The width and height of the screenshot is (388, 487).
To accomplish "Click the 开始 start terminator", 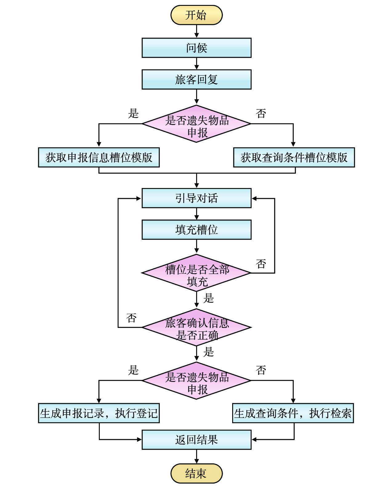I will (196, 15).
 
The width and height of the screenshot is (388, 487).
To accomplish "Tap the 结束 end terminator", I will (196, 473).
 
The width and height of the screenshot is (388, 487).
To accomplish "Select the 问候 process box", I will (196, 48).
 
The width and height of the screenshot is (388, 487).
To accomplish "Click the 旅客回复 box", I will (196, 80).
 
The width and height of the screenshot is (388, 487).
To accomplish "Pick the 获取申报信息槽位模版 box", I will (99, 158).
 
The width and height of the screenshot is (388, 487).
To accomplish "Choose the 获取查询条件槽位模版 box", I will (294, 158).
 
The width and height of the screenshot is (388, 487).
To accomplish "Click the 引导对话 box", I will (196, 198).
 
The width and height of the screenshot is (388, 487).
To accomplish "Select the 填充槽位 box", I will (196, 230).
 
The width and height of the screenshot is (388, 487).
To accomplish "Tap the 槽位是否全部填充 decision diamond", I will (196, 273).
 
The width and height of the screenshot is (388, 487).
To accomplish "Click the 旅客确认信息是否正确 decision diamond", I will (196, 327).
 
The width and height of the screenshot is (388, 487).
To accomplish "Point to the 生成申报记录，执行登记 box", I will (99, 413).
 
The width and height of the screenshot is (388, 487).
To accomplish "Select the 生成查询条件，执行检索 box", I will (293, 413).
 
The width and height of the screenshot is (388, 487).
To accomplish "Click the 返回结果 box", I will (196, 440).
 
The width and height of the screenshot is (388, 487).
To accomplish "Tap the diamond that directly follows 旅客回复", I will (196, 124).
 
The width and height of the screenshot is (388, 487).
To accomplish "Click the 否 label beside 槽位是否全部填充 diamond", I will (261, 264).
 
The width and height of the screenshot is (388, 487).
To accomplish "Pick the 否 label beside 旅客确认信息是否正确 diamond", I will (131, 318).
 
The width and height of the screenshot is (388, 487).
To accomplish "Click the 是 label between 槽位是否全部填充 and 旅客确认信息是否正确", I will (208, 298).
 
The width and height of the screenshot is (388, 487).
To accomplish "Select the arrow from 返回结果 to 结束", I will (196, 456).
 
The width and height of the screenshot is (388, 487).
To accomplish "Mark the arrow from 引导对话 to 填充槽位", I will (196, 214).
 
